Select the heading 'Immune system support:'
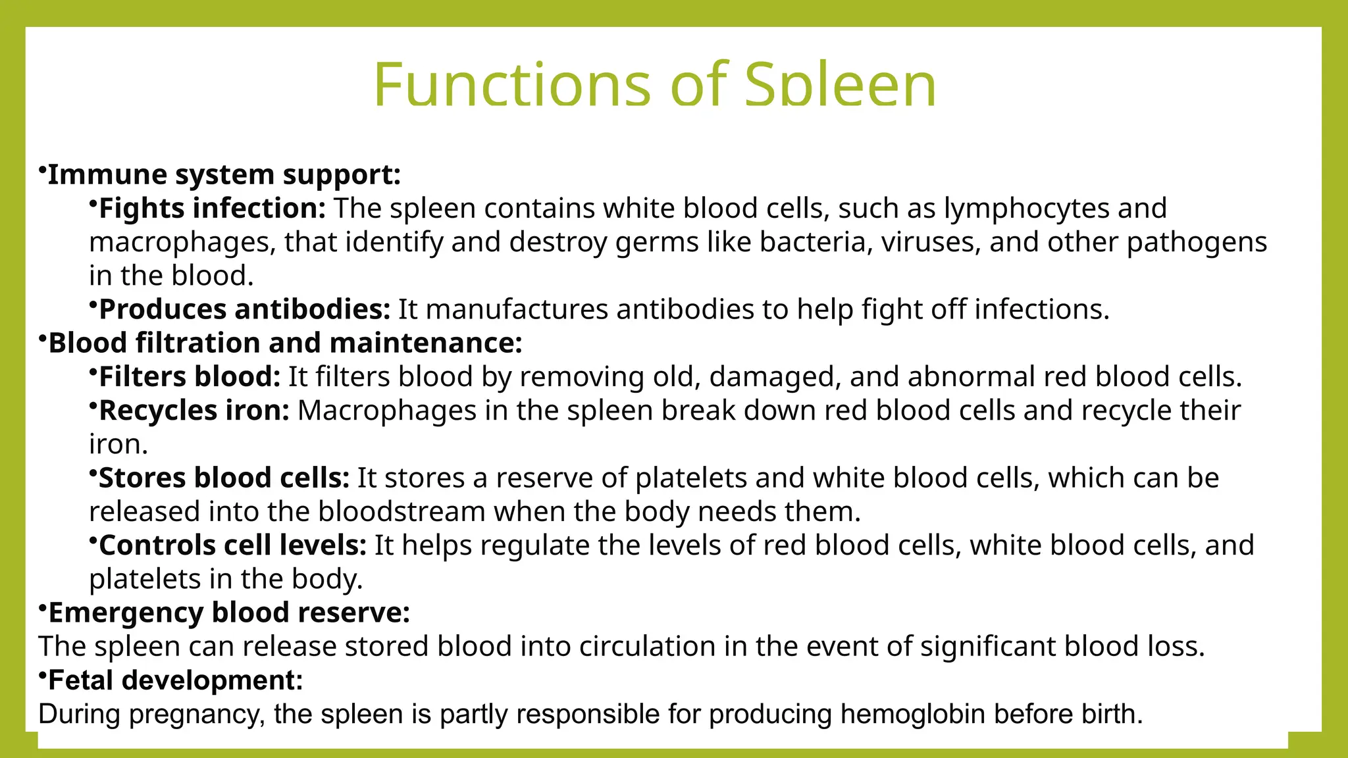pos(224,175)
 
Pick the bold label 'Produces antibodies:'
pos(244,309)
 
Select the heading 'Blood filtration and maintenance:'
pos(285,343)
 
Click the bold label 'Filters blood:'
pos(190,377)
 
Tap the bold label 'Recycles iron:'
pos(194,411)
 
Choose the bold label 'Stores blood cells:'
pos(224,478)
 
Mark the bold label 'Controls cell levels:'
pos(232,545)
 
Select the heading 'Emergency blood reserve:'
pos(229,613)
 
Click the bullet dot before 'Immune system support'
pos(41,170)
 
